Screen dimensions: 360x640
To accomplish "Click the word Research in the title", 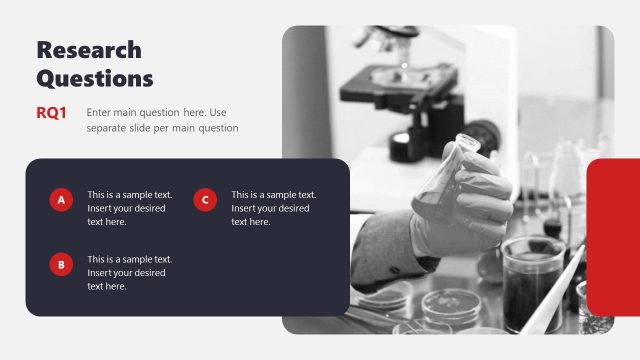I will [x=88, y=50].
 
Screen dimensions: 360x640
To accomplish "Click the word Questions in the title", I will [x=95, y=78].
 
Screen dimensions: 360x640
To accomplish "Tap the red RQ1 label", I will [x=51, y=113].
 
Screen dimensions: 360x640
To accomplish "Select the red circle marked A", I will [x=61, y=201].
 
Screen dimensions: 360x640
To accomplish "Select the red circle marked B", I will [x=61, y=265].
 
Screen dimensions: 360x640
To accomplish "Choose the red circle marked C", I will [x=205, y=201].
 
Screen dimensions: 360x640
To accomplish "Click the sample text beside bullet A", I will [x=129, y=208].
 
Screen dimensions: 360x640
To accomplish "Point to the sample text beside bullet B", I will [x=129, y=272].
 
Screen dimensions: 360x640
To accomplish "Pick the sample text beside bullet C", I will [x=273, y=208].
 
